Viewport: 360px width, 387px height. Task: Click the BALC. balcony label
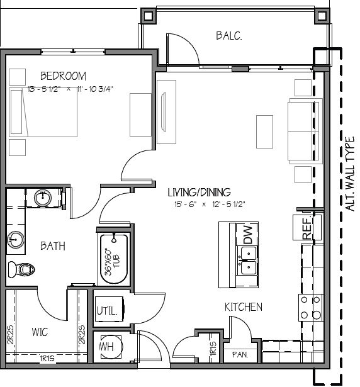pos(229,36)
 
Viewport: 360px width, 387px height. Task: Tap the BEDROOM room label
pos(63,76)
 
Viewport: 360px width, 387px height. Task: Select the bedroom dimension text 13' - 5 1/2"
pos(44,89)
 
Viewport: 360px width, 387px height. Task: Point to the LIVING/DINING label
pos(200,193)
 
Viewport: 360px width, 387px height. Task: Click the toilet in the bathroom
pos(21,269)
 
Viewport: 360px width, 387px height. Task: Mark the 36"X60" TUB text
pos(113,262)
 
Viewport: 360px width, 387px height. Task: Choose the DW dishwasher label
pos(248,235)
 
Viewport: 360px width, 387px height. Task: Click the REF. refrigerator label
pos(307,228)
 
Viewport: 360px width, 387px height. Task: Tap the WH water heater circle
pos(111,347)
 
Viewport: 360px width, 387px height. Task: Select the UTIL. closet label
pos(107,311)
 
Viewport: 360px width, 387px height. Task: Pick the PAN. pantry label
pos(240,355)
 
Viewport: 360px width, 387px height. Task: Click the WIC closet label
pos(40,332)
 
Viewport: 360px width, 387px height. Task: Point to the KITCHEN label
pos(244,307)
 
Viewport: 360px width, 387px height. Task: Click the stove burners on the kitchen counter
pos(311,307)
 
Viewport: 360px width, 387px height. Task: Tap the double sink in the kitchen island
pos(248,260)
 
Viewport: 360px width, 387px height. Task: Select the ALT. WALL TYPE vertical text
pos(350,174)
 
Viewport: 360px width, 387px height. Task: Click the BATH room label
pos(53,246)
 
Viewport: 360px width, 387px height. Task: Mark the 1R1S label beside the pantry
pos(213,349)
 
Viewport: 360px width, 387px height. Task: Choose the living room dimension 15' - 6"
pos(186,205)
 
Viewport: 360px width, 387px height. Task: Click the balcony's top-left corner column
pos(149,16)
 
